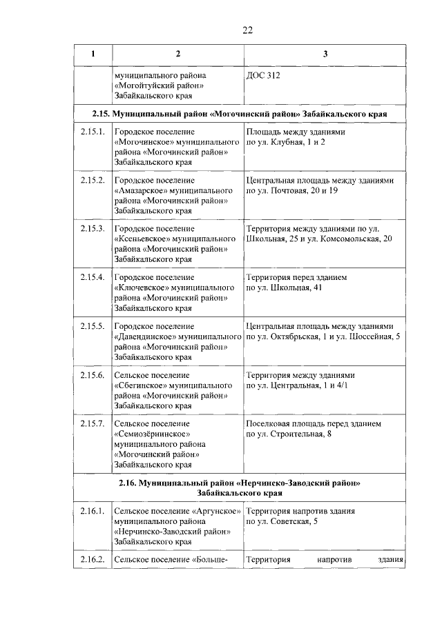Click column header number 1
pyautogui.click(x=92, y=54)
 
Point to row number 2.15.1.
pyautogui.click(x=92, y=132)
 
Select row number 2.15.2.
pyautogui.click(x=92, y=180)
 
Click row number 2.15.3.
pyautogui.click(x=92, y=228)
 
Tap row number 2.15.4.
pyautogui.click(x=92, y=276)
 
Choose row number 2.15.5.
pyautogui.click(x=92, y=325)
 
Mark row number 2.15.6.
pyautogui.click(x=92, y=374)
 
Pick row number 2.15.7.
pyautogui.click(x=92, y=423)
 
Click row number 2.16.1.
pyautogui.click(x=92, y=511)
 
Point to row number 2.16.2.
pyautogui.click(x=92, y=559)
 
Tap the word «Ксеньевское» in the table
pyautogui.click(x=143, y=239)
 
